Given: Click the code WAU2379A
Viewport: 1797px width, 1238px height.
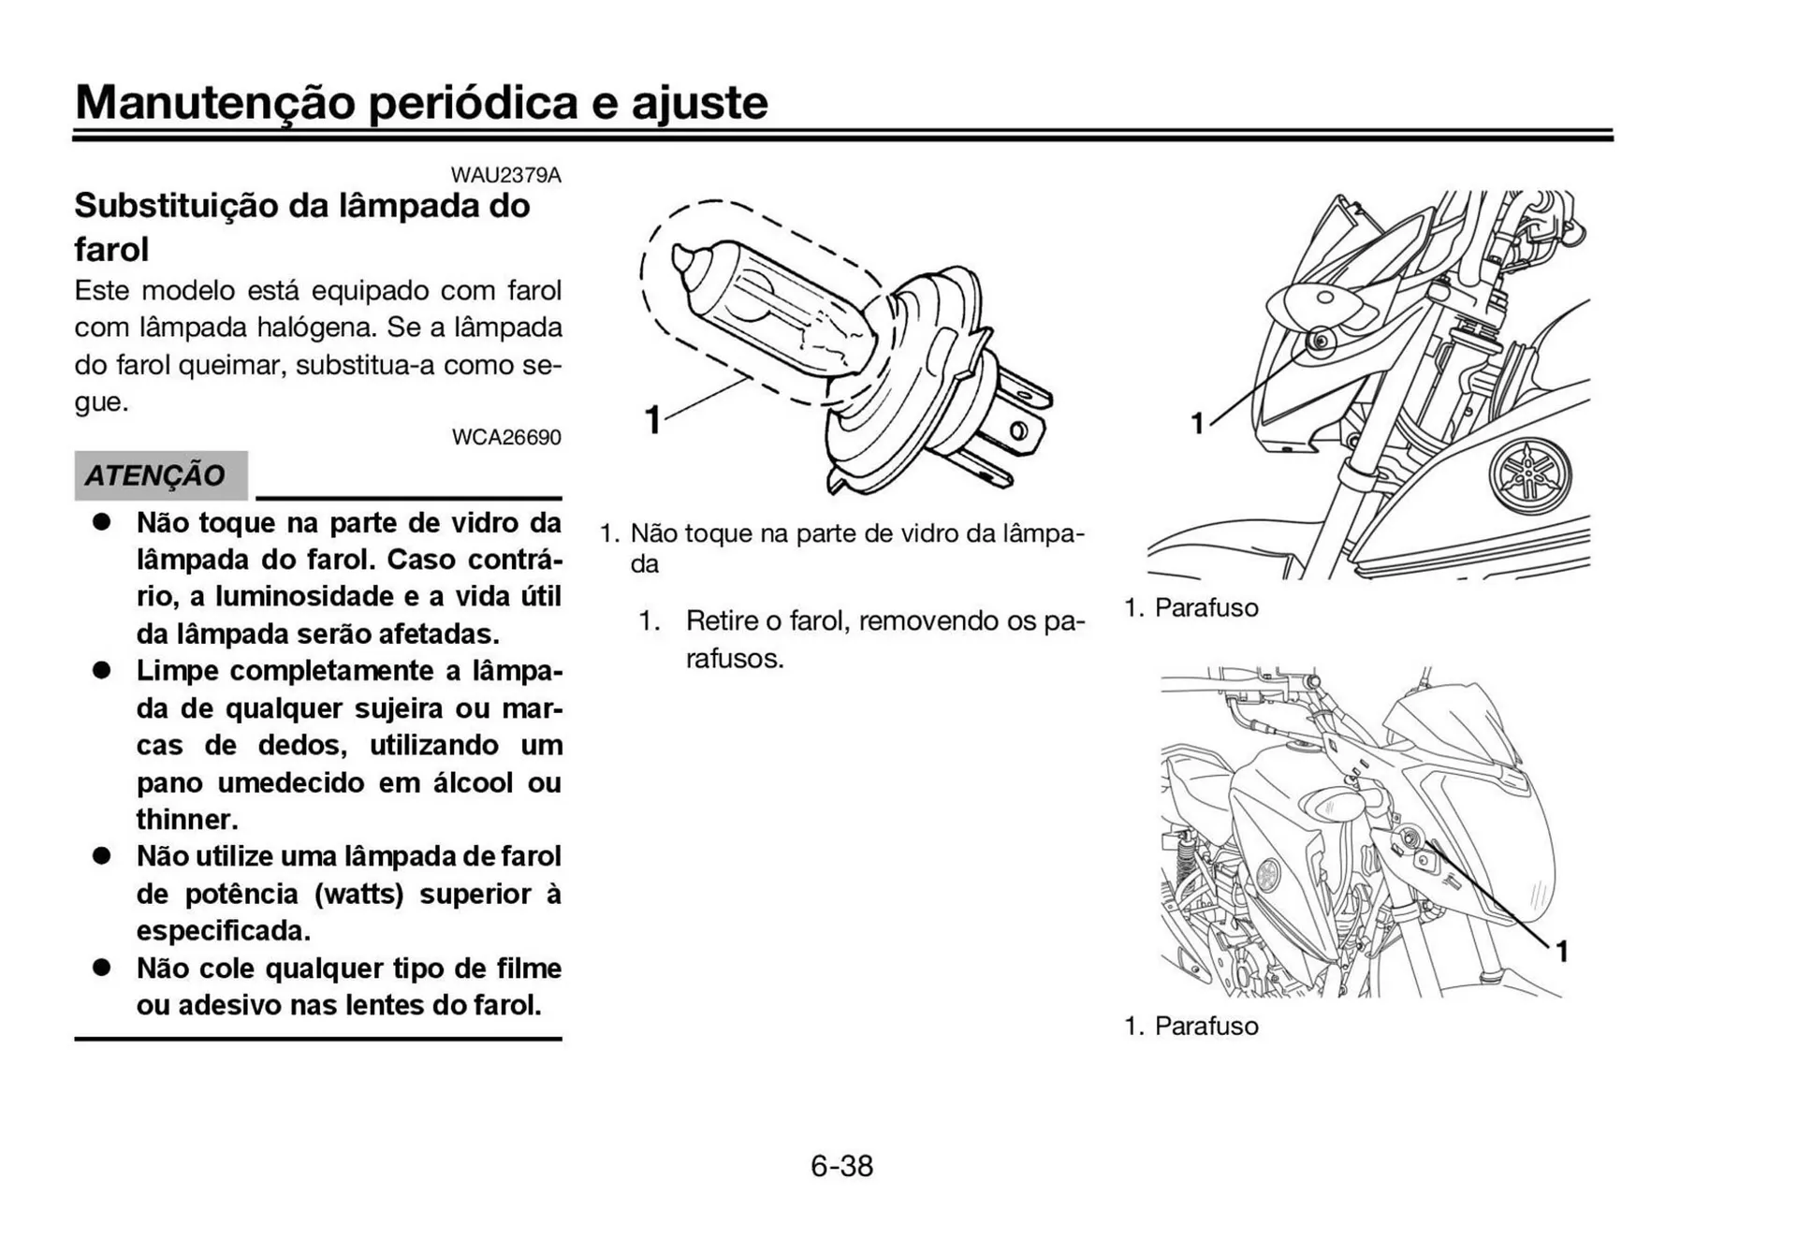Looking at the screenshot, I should pos(505,175).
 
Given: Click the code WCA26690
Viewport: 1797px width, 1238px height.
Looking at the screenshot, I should pos(505,437).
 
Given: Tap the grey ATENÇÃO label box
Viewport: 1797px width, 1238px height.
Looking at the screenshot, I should pos(160,475).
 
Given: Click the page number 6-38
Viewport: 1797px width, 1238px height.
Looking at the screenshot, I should pos(841,1166).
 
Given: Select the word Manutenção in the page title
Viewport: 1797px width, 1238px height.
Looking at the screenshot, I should pos(215,103).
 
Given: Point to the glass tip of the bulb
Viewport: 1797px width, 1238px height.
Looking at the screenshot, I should pos(684,257).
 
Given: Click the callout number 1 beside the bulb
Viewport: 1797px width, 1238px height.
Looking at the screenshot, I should pos(652,420).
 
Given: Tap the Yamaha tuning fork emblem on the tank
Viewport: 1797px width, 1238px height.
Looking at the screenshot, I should pos(1530,476).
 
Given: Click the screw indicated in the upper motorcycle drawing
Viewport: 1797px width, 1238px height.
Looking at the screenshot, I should pos(1321,341).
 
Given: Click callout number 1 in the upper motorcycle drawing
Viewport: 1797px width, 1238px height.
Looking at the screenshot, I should pos(1197,425).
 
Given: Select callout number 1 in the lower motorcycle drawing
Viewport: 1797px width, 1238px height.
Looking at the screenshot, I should pos(1561,952).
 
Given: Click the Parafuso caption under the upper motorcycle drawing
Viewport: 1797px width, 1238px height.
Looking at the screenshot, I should pos(1205,608).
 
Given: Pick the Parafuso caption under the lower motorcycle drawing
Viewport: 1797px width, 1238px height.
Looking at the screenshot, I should pos(1205,1027).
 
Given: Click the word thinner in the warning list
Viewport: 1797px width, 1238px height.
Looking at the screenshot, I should pos(186,820).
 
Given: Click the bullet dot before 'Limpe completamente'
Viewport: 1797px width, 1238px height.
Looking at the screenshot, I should pos(101,671).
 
